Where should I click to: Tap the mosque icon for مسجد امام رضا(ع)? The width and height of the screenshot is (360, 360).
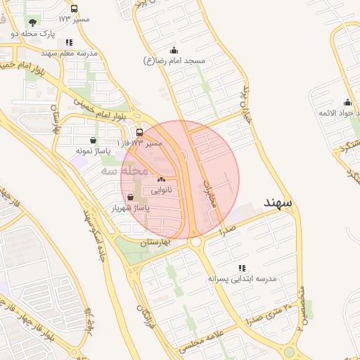coord(174,51)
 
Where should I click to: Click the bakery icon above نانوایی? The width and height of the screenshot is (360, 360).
coord(161,180)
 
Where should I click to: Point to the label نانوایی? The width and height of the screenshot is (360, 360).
coord(161,190)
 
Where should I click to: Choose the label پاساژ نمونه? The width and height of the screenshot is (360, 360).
coord(93,150)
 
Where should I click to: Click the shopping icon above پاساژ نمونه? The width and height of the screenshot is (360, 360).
coord(94,140)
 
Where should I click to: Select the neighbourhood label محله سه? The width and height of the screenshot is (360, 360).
coord(124,171)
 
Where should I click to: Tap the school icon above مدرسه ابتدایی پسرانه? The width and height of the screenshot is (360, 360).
coord(243,269)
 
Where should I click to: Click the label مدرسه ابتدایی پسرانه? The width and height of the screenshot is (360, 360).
coord(243,279)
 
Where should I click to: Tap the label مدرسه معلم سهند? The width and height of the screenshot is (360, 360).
coord(67,53)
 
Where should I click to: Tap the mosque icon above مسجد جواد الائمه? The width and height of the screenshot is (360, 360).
coord(347,103)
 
